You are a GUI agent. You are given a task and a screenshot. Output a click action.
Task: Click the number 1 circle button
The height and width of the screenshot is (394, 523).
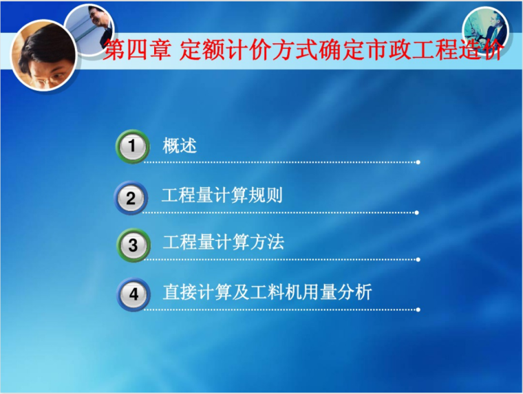(133, 146)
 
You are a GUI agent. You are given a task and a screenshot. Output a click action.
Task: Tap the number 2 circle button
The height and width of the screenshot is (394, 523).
(131, 198)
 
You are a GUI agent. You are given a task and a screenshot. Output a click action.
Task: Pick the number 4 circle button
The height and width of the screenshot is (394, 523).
(134, 295)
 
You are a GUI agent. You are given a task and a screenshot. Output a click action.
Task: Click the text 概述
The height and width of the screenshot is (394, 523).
(180, 146)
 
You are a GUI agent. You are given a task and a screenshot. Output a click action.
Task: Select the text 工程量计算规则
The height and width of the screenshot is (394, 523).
(222, 195)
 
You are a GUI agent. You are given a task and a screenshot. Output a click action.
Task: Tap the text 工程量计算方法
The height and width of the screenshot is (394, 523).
(223, 242)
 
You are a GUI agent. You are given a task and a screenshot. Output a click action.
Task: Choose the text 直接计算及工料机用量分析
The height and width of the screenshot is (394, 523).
(267, 292)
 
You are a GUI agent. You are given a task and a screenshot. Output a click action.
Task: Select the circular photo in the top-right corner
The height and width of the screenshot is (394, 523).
(484, 28)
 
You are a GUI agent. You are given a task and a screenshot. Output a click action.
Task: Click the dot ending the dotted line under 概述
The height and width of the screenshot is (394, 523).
(418, 162)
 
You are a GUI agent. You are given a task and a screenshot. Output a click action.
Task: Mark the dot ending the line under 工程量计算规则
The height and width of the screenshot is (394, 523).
(418, 212)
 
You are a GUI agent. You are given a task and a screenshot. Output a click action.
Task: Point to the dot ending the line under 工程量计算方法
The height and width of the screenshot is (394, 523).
(418, 260)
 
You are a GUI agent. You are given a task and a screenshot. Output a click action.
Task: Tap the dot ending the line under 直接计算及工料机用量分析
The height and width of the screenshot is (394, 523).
(418, 309)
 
